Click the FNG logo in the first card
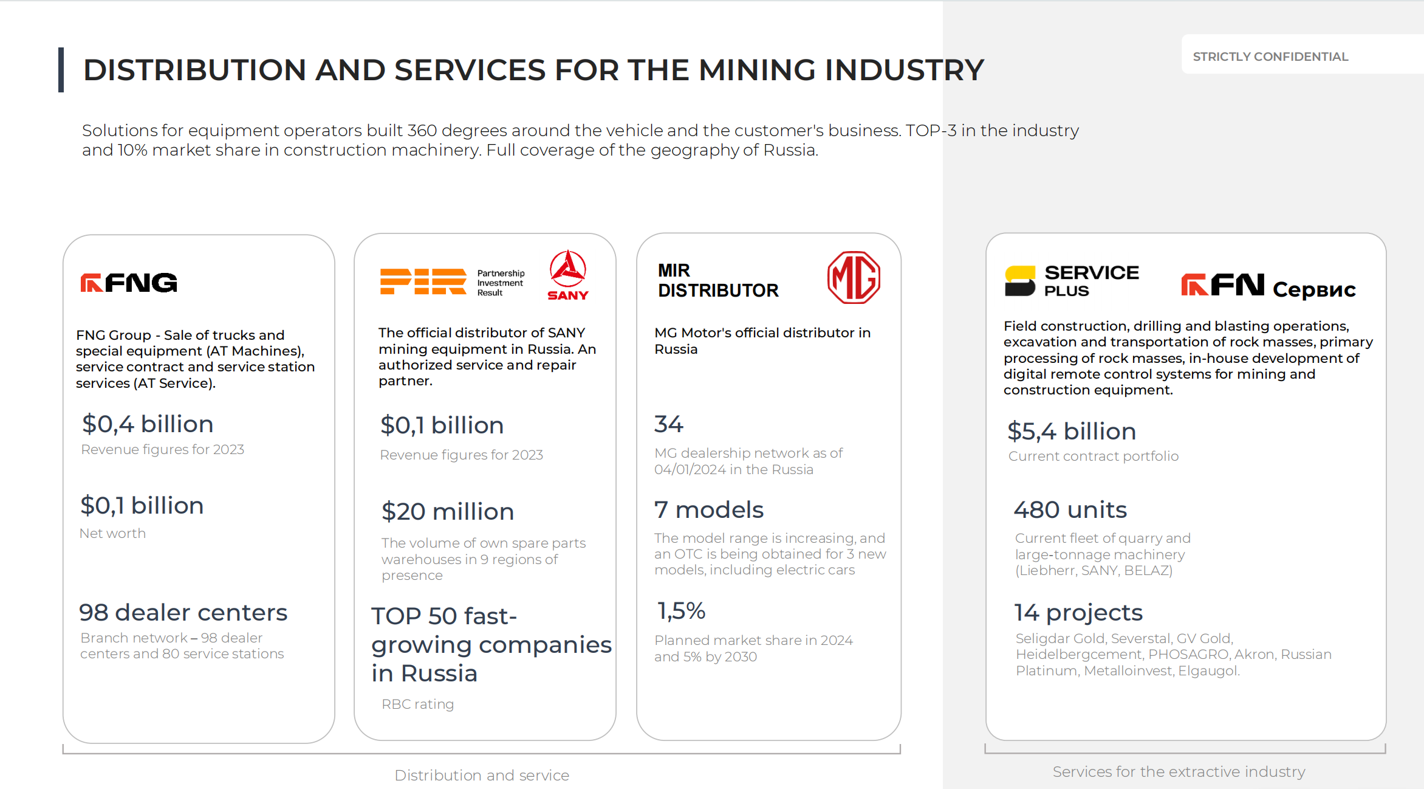pos(129,283)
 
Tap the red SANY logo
pos(568,275)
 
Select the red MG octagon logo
pos(854,277)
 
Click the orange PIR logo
pos(423,281)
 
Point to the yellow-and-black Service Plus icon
pos(1020,281)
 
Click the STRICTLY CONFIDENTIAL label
pos(1270,57)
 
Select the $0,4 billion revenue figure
pos(148,424)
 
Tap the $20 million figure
pos(448,512)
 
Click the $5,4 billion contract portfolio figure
pos(1072,432)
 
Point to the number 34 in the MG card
pos(669,424)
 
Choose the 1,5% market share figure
pos(681,611)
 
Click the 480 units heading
pos(1070,510)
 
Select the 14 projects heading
pos(1078,613)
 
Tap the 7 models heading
pos(708,510)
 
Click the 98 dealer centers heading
pos(183,613)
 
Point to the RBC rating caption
pos(417,704)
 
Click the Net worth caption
pos(112,533)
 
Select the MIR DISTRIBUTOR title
pos(718,280)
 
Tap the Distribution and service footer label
pos(482,775)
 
